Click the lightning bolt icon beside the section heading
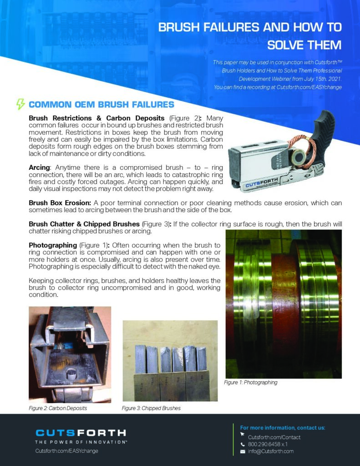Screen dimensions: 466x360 tap(20, 104)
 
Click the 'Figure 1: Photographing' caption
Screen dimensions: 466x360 tap(250, 382)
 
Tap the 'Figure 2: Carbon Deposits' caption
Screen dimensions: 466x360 tap(58, 408)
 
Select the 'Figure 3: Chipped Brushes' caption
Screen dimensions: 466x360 tap(151, 408)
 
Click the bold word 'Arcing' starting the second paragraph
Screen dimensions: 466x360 tap(39, 168)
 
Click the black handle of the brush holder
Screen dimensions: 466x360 tap(323, 130)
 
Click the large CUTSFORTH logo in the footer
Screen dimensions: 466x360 tap(81, 433)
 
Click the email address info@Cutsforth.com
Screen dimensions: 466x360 tap(271, 451)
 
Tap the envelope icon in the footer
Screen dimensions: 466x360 tap(243, 451)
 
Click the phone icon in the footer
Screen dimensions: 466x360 tap(243, 444)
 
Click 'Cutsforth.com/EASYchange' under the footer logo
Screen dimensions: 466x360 tap(67, 451)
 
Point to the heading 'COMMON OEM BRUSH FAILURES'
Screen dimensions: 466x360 tap(101, 105)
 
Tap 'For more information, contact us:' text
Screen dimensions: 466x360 tap(283, 428)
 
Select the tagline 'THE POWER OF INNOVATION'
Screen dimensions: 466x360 tap(81, 442)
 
